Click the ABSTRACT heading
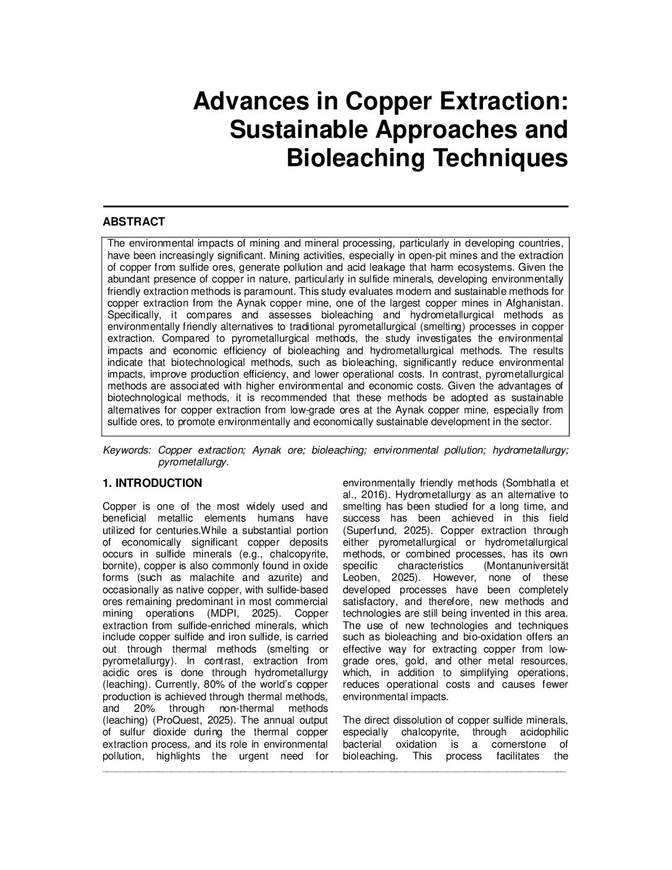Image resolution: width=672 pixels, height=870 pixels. coord(133,222)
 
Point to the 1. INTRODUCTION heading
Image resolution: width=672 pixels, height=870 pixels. coord(152,483)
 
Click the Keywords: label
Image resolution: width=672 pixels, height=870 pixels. coord(127,450)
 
